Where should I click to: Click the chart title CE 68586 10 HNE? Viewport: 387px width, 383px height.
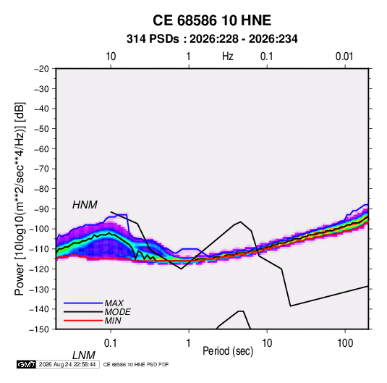212,20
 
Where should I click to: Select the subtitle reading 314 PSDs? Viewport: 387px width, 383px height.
153,39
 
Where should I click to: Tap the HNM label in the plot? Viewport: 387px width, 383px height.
85,205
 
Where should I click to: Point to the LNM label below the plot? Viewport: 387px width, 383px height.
83,355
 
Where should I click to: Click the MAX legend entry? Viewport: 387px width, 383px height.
114,303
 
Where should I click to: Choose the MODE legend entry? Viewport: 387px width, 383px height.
117,312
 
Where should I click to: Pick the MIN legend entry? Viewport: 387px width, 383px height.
113,321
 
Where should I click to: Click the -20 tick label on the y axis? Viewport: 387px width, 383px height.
41,69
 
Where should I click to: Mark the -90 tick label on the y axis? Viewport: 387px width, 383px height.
41,209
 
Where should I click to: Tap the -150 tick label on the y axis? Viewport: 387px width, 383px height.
39,329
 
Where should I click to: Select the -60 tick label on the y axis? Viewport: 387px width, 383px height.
41,148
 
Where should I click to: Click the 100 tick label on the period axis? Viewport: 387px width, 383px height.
345,343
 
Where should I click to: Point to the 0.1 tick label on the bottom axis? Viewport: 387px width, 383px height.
111,343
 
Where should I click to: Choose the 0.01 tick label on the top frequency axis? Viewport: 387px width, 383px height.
344,56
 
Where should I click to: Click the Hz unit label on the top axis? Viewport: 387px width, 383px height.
228,56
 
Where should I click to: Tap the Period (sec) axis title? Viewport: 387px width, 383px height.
228,351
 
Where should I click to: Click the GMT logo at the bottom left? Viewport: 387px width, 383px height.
27,364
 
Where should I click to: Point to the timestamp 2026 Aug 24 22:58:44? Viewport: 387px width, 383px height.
67,364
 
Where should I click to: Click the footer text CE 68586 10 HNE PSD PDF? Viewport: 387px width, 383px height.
136,364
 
